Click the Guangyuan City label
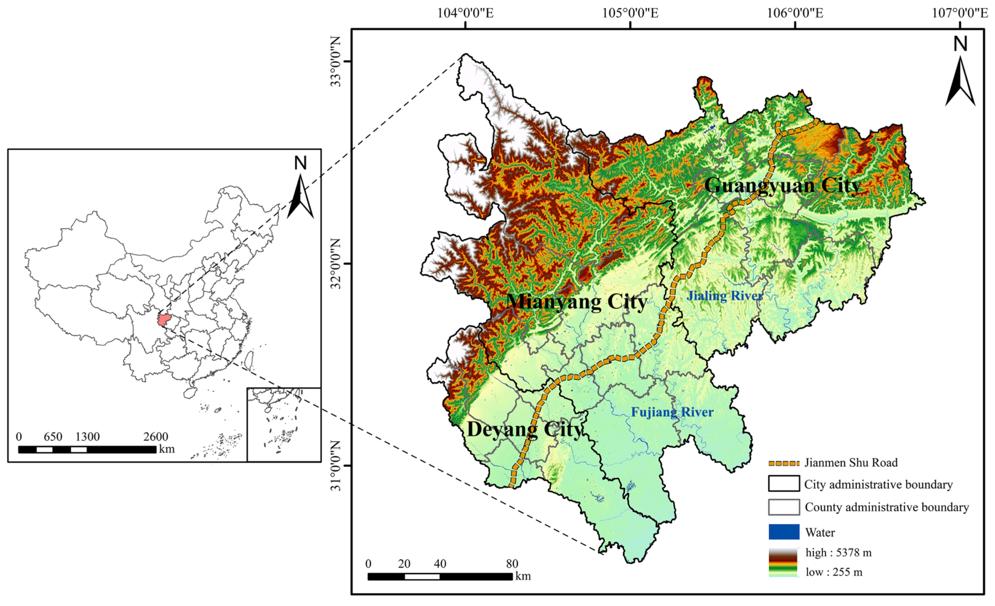tap(783, 186)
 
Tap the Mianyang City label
tap(577, 302)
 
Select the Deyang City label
tap(525, 429)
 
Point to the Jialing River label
tap(725, 296)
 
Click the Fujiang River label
tap(672, 412)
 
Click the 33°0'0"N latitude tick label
tap(336, 62)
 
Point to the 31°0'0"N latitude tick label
tap(336, 466)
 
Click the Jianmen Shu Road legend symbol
tap(784, 463)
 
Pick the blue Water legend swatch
tap(784, 532)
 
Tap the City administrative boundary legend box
tap(784, 484)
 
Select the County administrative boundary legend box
tap(784, 507)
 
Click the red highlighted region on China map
tap(163, 320)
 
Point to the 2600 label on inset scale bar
tap(155, 436)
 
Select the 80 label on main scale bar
tap(512, 564)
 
